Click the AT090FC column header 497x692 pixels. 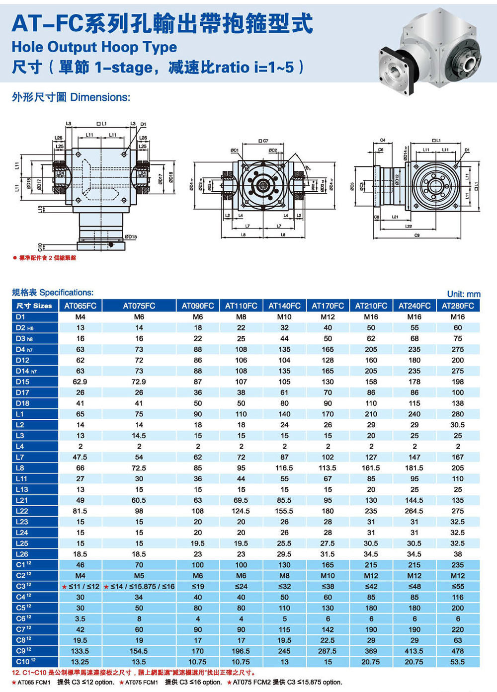click(x=198, y=306)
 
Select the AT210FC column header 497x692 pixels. click(x=371, y=306)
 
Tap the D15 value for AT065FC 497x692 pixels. click(x=80, y=382)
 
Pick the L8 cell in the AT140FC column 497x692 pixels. click(x=284, y=468)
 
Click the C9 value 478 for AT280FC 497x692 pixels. click(x=458, y=651)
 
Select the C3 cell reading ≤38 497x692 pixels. click(x=328, y=586)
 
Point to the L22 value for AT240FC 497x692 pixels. click(x=414, y=511)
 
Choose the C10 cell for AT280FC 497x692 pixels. click(x=458, y=662)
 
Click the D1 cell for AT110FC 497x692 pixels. click(x=241, y=316)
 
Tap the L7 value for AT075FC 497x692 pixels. click(x=139, y=457)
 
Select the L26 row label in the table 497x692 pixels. click(x=22, y=554)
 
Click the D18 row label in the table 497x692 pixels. click(x=23, y=403)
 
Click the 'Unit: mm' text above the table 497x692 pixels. click(x=463, y=294)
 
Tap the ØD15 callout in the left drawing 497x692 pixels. click(x=131, y=237)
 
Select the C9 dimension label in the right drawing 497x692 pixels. click(x=416, y=235)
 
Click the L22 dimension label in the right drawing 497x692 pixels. click(x=409, y=227)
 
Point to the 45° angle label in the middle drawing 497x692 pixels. click(x=308, y=167)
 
